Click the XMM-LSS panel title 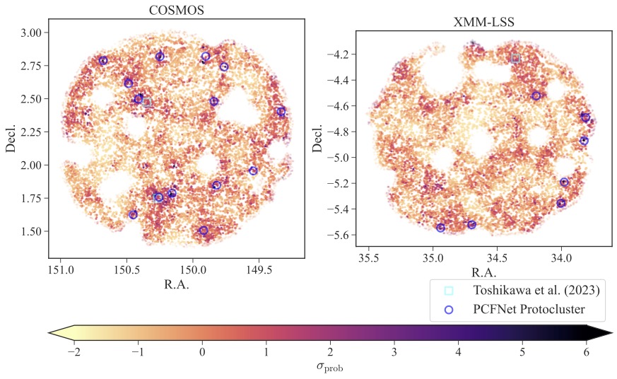[483, 23]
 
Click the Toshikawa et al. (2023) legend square [448, 291]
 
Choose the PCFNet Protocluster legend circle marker [448, 309]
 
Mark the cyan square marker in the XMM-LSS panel [515, 58]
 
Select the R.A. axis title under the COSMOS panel [176, 285]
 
